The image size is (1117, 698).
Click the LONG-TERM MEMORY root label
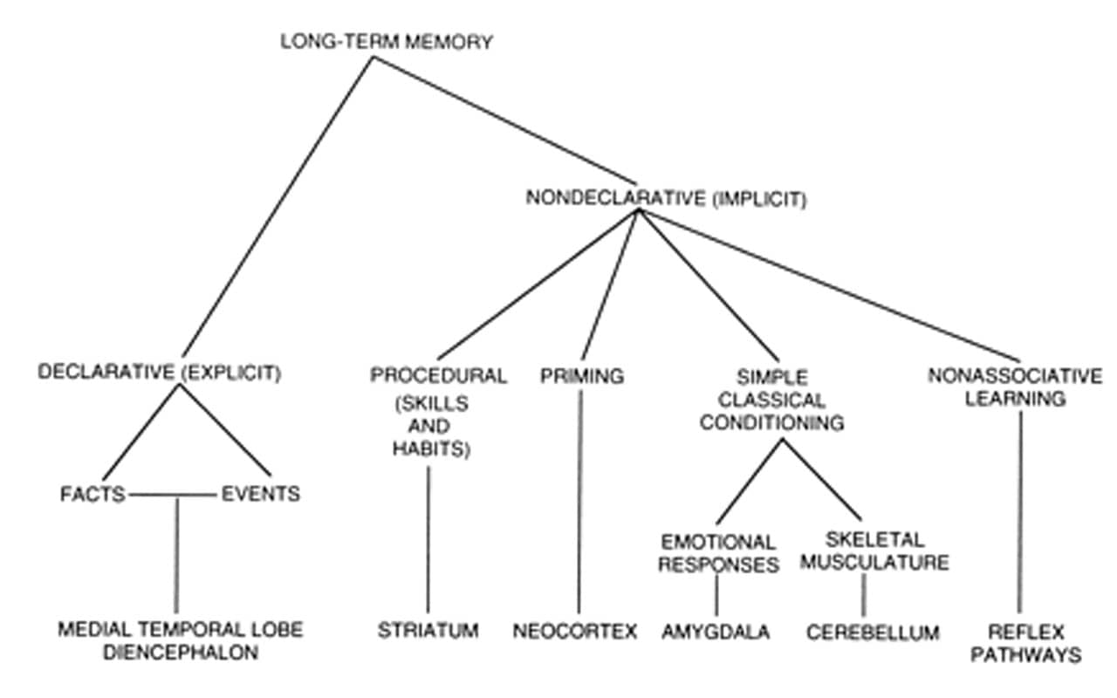click(387, 42)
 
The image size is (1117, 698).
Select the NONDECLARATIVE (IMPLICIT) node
click(666, 198)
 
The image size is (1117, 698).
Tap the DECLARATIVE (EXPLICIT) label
click(160, 373)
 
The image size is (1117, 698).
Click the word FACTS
click(93, 495)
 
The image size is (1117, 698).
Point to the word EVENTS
click(260, 495)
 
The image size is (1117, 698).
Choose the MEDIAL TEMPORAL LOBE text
click(181, 629)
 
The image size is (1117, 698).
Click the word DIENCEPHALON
click(181, 653)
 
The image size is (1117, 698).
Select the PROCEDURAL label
click(438, 376)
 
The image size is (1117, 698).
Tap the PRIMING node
click(582, 376)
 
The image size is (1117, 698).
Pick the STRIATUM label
click(428, 630)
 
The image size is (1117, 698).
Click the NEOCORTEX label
click(576, 631)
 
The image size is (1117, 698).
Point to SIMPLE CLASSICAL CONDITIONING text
click(772, 400)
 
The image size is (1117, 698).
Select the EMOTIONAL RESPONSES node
click(718, 553)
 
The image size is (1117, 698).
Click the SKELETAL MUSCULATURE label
click(874, 551)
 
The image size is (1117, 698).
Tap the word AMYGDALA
click(716, 632)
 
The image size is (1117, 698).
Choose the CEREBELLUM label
click(873, 632)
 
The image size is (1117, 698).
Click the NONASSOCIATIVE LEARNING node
click(1015, 387)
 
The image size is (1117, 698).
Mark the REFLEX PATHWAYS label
click(1025, 641)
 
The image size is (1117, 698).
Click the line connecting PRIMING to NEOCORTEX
click(579, 506)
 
